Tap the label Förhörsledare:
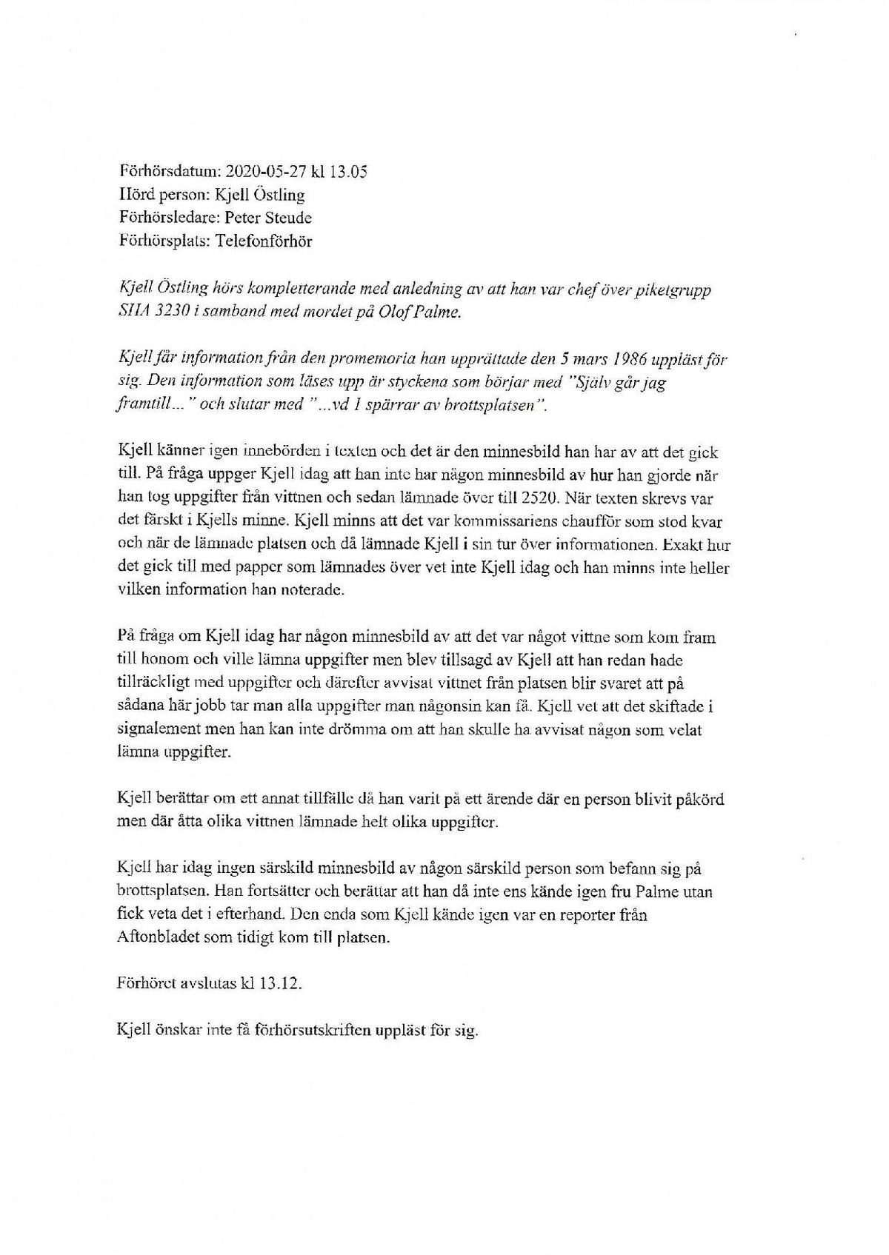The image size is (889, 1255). (x=164, y=218)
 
